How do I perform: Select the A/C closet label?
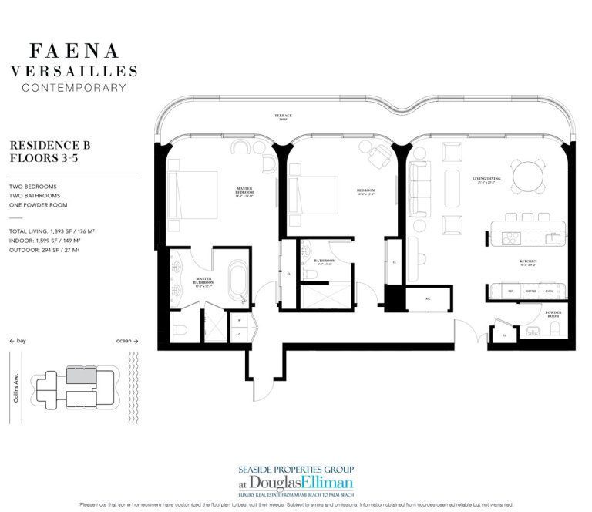click(428, 298)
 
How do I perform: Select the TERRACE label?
click(282, 116)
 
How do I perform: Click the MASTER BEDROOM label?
click(245, 191)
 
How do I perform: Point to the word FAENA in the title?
click(74, 52)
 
